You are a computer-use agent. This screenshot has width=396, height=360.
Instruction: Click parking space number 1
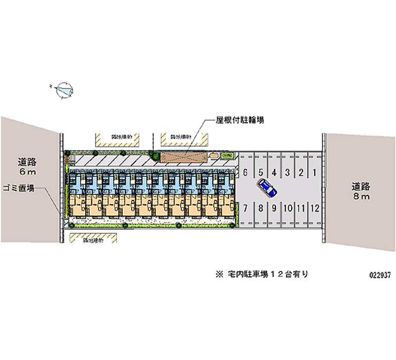(315, 172)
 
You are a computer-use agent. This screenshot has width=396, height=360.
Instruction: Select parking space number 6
(246, 172)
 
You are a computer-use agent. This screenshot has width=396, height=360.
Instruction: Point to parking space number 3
(287, 172)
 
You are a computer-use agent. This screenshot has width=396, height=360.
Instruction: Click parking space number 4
(274, 172)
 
